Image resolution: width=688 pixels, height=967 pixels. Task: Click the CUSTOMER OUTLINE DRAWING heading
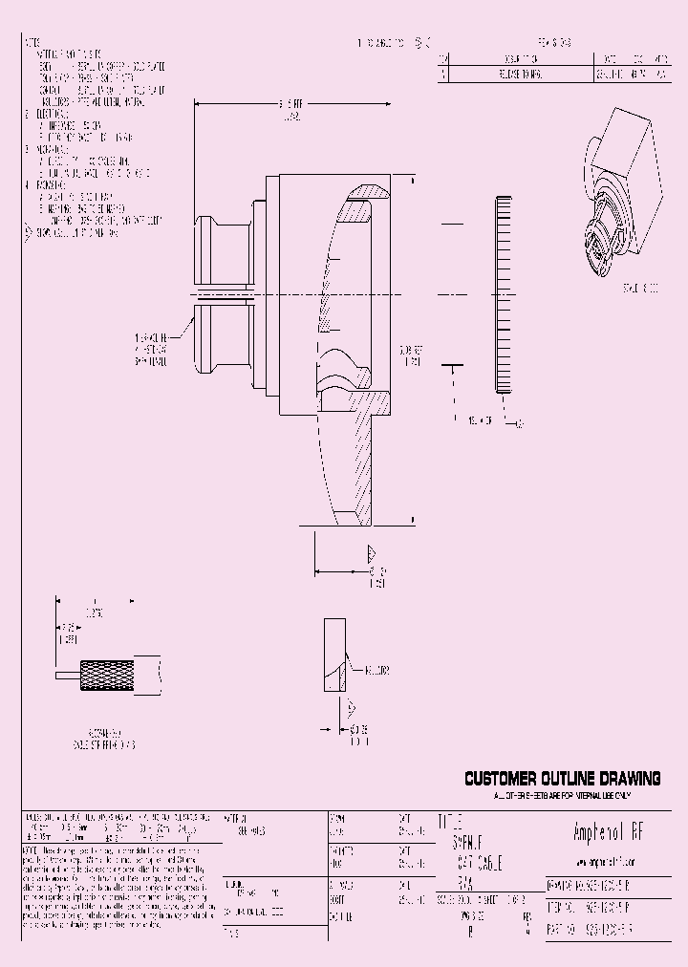[563, 780]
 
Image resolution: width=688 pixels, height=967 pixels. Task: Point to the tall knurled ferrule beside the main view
[505, 295]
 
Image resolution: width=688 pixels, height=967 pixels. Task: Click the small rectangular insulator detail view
[333, 655]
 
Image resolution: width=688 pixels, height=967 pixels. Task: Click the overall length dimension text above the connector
[290, 106]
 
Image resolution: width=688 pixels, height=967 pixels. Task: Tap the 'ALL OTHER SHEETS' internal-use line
[563, 796]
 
